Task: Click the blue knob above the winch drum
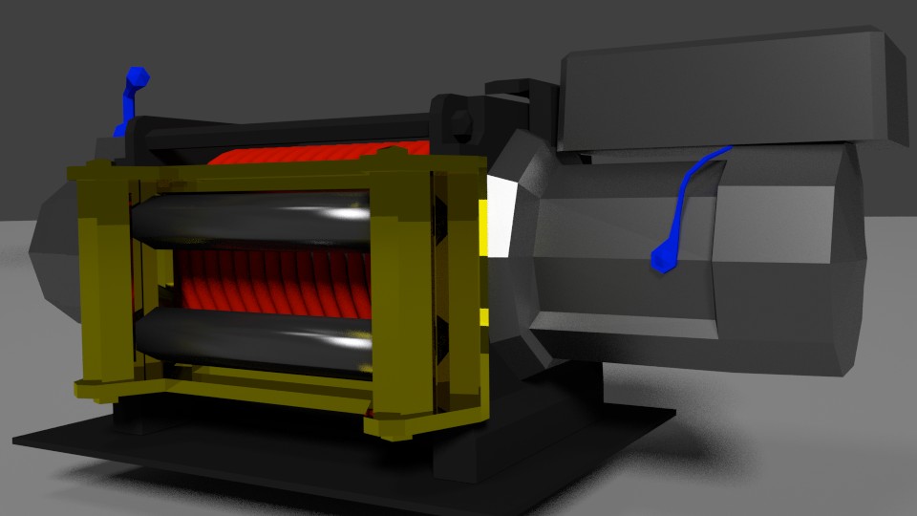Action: point(137,76)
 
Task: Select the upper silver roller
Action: point(248,221)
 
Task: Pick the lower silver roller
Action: point(248,339)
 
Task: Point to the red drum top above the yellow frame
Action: point(315,154)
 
